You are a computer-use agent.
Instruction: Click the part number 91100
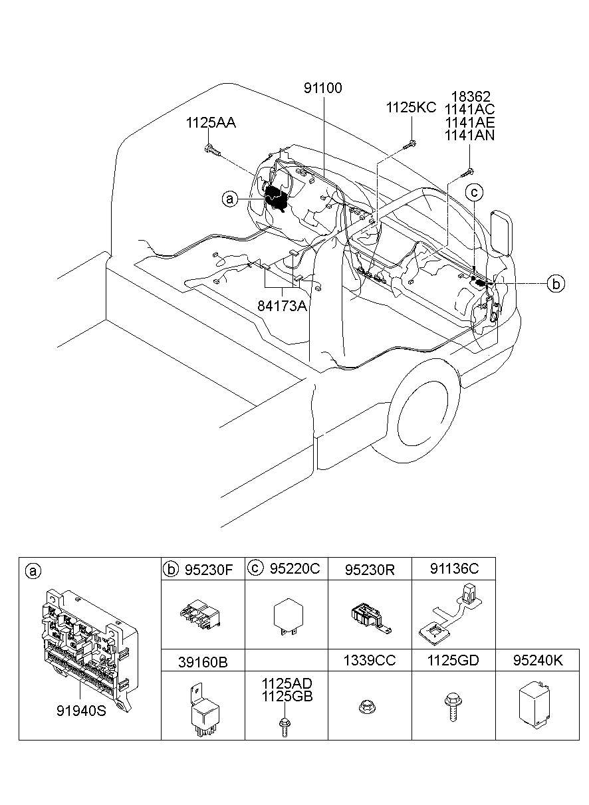(x=324, y=88)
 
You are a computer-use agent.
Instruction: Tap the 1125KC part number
(x=412, y=108)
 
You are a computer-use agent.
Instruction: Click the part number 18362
(x=469, y=96)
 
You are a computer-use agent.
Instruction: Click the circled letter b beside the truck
(x=556, y=283)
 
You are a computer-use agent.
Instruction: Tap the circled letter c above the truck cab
(x=475, y=193)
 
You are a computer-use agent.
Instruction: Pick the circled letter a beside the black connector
(x=230, y=198)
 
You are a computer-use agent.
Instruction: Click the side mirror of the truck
(x=501, y=232)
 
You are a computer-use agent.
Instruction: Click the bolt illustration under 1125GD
(x=451, y=707)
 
